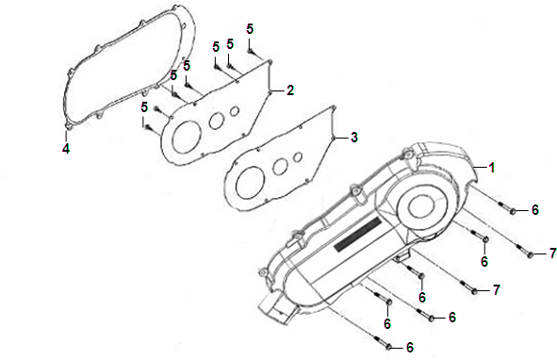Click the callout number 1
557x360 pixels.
point(492,168)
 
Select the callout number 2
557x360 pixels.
point(290,90)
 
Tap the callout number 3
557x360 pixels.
point(354,138)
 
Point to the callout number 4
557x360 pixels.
point(66,149)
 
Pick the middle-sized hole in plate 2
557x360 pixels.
point(216,121)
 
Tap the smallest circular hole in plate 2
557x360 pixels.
point(234,111)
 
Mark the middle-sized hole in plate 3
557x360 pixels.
point(280,166)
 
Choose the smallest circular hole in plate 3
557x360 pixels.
point(298,156)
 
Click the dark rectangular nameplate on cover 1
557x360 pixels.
point(358,236)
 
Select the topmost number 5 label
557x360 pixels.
point(250,29)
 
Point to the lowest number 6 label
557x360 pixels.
point(410,348)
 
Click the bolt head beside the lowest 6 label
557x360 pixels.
point(388,347)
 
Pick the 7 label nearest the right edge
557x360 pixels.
point(552,254)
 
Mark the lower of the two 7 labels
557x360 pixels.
point(497,290)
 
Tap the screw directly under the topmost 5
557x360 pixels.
point(251,52)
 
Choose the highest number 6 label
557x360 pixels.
point(535,210)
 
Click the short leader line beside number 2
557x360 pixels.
point(278,91)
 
